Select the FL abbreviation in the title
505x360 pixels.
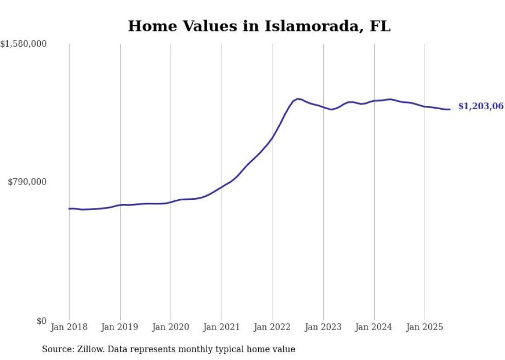click(x=380, y=26)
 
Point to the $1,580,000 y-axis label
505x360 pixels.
click(x=23, y=44)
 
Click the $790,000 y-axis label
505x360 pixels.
click(x=27, y=182)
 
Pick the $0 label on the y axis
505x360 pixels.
click(x=41, y=321)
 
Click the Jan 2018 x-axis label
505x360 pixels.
click(x=69, y=327)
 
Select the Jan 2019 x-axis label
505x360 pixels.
click(x=120, y=327)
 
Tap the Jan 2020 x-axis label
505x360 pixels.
click(x=171, y=327)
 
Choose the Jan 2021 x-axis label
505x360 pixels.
click(x=222, y=327)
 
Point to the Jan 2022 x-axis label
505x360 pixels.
click(x=273, y=327)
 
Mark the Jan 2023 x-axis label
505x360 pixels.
click(x=323, y=327)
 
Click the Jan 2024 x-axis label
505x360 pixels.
click(x=374, y=327)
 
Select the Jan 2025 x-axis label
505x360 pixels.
click(x=425, y=327)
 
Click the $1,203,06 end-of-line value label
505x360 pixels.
click(x=480, y=107)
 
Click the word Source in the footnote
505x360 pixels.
click(x=57, y=349)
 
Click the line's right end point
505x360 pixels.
click(x=450, y=109)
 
